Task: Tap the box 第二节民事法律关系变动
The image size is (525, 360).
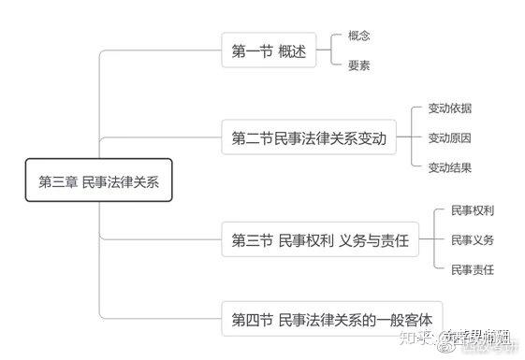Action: click(308, 138)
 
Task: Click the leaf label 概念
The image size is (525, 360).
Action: click(359, 36)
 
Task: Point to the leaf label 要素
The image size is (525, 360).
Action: click(359, 65)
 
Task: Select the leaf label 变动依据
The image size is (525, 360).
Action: click(449, 109)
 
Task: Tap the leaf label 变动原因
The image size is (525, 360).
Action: click(449, 138)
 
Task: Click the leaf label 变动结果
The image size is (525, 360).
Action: click(449, 167)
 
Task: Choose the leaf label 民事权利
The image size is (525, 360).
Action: click(472, 210)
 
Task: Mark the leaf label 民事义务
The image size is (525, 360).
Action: click(472, 240)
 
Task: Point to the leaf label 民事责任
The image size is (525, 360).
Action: click(472, 270)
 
